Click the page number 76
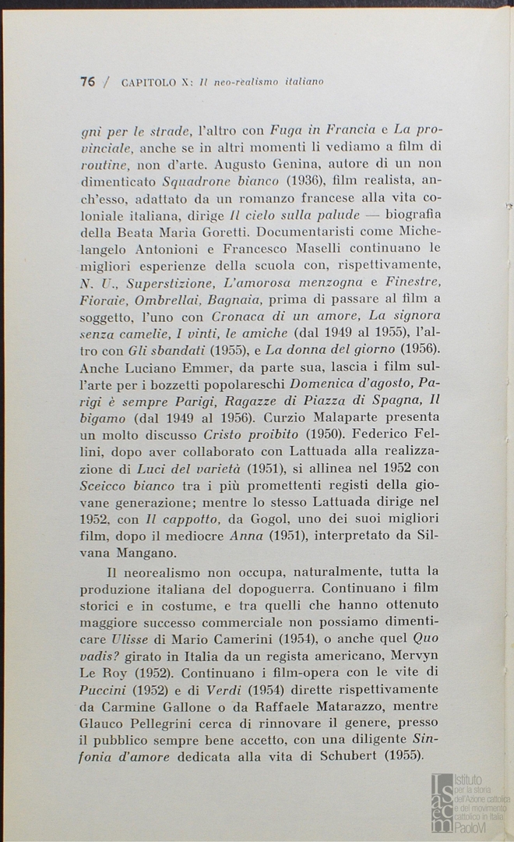[87, 81]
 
